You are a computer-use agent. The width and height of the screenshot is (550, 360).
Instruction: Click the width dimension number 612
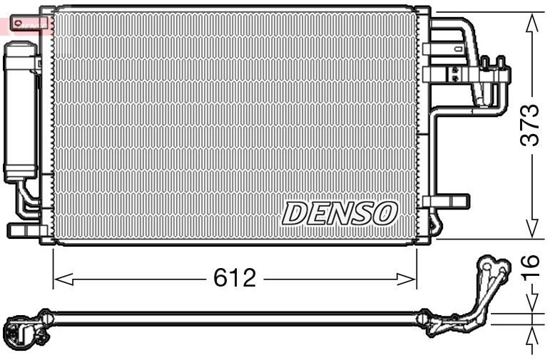tap(234, 278)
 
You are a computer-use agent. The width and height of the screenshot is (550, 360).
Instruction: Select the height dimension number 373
tap(529, 125)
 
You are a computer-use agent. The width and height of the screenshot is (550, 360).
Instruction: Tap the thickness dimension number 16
tap(529, 270)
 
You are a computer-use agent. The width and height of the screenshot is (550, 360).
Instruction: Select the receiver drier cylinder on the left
tap(19, 111)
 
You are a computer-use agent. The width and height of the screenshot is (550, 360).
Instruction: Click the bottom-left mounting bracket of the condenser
tap(24, 231)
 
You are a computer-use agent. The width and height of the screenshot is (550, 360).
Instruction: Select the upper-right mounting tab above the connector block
tap(432, 48)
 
